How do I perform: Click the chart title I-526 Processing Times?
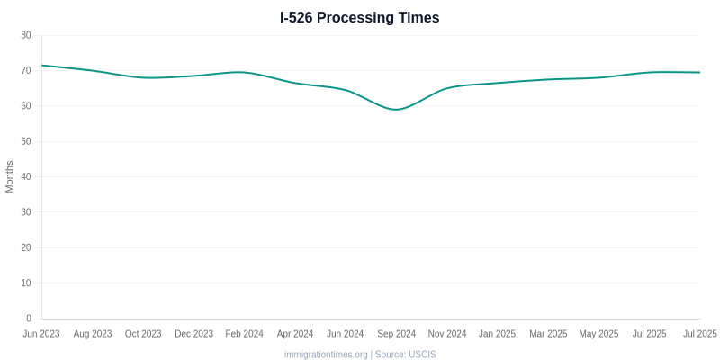tap(360, 17)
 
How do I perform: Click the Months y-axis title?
tap(10, 176)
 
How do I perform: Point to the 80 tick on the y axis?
tap(26, 35)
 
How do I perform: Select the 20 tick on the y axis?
tap(26, 247)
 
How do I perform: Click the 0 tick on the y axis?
tap(29, 319)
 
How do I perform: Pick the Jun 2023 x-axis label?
tap(41, 334)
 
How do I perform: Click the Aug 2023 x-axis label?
tap(93, 334)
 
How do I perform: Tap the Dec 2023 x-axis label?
tap(193, 334)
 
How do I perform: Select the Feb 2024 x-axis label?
tap(244, 334)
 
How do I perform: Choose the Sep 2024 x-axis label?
tap(396, 334)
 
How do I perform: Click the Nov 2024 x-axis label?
tap(447, 334)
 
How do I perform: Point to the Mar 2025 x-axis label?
tap(548, 334)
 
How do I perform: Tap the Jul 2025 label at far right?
tap(699, 334)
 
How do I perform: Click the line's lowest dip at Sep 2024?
tap(396, 110)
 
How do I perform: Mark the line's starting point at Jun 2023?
tap(42, 65)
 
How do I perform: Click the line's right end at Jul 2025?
tap(700, 72)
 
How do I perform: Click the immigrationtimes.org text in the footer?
tap(326, 355)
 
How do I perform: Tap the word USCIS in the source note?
tap(422, 355)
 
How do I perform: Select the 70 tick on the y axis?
tap(26, 70)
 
